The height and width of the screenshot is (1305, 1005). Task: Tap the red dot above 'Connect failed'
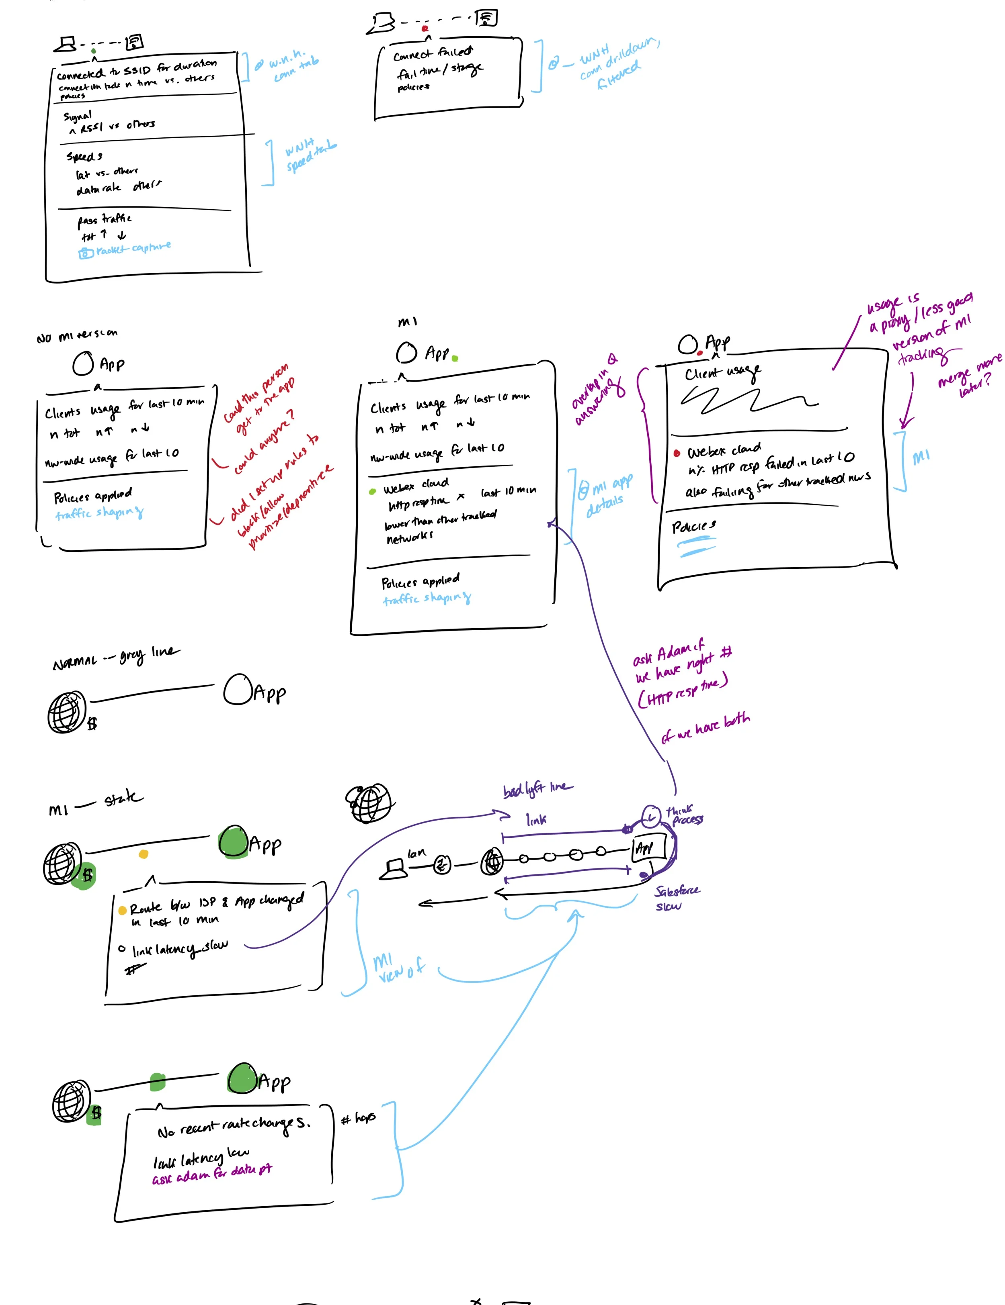pyautogui.click(x=425, y=28)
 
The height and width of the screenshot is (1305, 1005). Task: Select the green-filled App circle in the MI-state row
pyautogui.click(x=233, y=843)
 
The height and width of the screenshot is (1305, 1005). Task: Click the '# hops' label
pyautogui.click(x=358, y=1117)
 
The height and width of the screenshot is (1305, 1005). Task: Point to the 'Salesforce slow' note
pyautogui.click(x=676, y=897)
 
